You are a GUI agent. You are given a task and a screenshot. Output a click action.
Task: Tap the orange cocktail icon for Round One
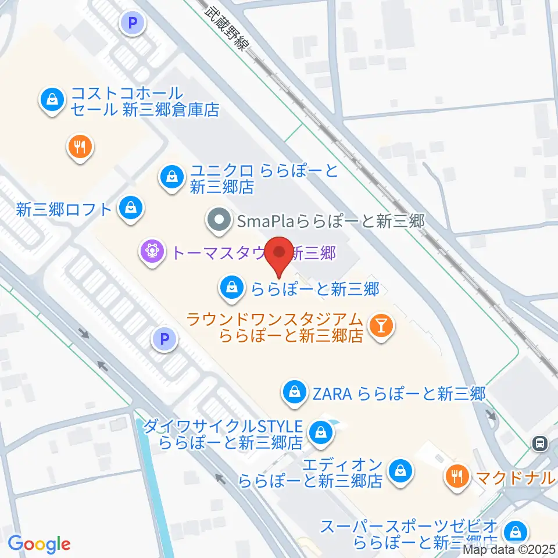(381, 325)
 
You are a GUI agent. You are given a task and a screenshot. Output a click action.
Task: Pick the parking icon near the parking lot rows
(165, 338)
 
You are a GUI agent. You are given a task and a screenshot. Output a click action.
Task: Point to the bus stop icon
(540, 443)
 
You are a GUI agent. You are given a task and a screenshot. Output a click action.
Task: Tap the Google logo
(39, 543)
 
